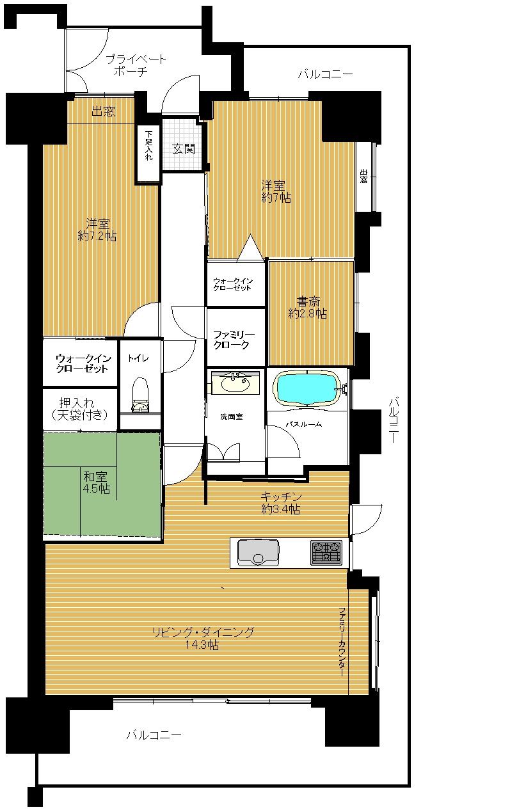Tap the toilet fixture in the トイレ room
(141, 395)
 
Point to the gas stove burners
(326, 553)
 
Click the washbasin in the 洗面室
(235, 383)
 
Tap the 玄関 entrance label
(184, 148)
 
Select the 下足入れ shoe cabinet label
(148, 145)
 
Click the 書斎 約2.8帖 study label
(308, 307)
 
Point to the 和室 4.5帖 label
(96, 482)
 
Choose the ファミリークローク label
(234, 340)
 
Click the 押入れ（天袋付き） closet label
(79, 409)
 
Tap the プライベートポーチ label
(136, 65)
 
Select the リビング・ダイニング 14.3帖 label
(203, 639)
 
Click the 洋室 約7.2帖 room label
(97, 230)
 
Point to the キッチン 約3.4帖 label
(281, 503)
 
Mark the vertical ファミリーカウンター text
(342, 642)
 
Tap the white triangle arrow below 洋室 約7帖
(250, 248)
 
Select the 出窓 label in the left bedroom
(103, 111)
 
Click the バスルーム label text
(304, 424)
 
